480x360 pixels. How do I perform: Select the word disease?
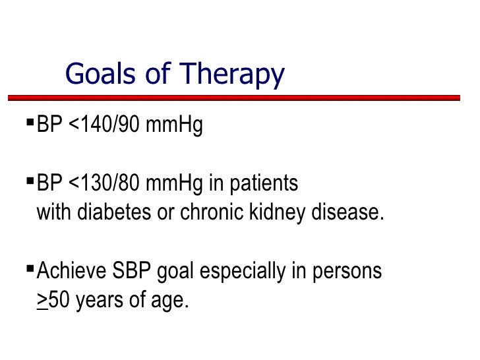click(x=346, y=212)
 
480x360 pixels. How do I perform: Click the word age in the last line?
click(x=168, y=301)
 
